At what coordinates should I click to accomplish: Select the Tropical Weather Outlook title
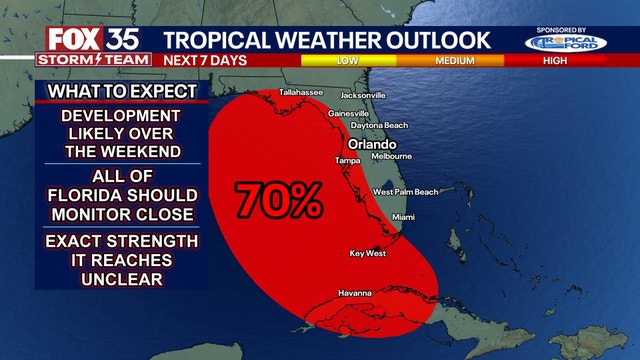pyautogui.click(x=326, y=40)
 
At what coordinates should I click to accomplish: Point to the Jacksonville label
pyautogui.click(x=363, y=96)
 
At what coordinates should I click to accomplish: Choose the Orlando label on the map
pyautogui.click(x=372, y=143)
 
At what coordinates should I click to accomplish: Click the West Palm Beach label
pyautogui.click(x=405, y=192)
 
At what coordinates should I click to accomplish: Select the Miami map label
pyautogui.click(x=403, y=217)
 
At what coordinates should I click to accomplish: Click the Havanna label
pyautogui.click(x=355, y=293)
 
